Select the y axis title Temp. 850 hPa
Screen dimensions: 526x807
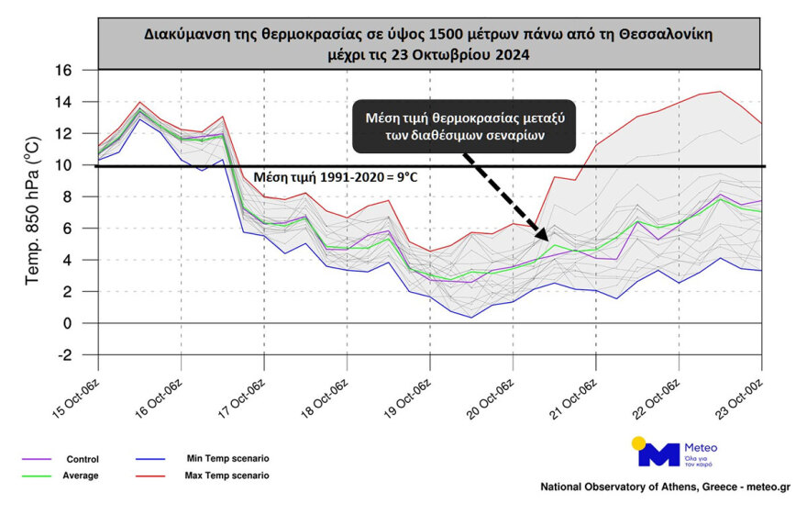tap(33, 212)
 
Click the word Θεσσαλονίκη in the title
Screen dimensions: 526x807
tap(659, 34)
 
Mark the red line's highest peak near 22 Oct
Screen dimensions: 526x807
tap(720, 91)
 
